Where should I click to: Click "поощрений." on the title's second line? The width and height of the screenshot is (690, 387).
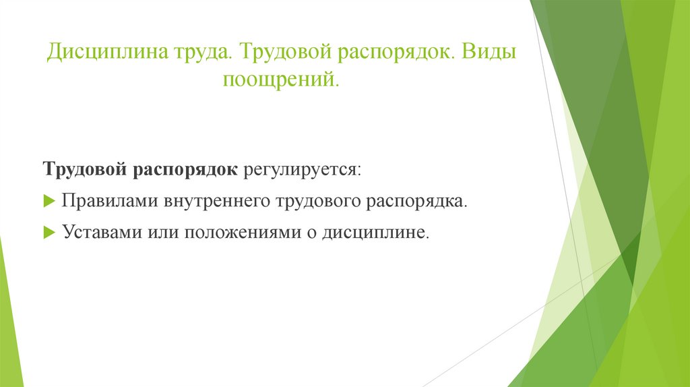pos(281,80)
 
